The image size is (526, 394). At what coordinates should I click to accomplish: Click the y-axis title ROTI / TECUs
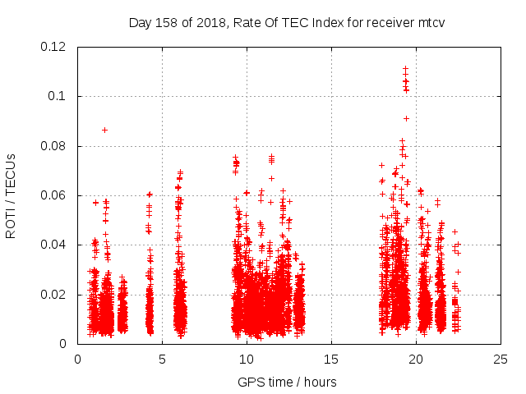[12, 195]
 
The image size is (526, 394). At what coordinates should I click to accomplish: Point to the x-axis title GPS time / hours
[288, 382]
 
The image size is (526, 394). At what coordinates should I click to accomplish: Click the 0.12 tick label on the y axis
[56, 47]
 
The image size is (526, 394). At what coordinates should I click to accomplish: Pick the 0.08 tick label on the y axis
[56, 146]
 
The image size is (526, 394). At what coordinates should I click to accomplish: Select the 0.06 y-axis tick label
[56, 195]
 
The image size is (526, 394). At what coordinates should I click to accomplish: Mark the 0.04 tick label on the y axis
[56, 245]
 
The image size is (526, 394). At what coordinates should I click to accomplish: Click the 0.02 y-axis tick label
[56, 294]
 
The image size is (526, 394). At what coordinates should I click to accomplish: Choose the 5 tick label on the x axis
[162, 359]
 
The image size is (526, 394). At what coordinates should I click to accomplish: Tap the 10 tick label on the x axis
[247, 359]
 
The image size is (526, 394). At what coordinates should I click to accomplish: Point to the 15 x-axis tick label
[331, 359]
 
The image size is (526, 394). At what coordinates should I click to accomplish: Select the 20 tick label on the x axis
[416, 359]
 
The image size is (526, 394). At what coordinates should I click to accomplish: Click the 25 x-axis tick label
[501, 359]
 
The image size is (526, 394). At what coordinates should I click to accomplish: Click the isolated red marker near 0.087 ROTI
[104, 130]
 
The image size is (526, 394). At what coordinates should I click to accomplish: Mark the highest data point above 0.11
[405, 68]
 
